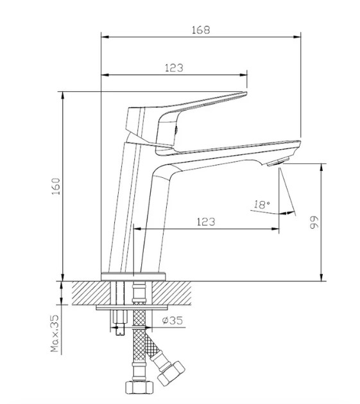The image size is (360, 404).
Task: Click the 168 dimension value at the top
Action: tap(201, 30)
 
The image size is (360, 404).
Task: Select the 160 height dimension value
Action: tap(56, 186)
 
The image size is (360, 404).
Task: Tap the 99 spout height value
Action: tap(314, 223)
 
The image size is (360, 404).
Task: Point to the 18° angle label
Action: tap(262, 205)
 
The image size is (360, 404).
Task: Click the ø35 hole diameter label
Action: tap(173, 321)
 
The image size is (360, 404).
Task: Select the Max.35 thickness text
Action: tap(55, 333)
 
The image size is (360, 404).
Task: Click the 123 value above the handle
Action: tap(174, 68)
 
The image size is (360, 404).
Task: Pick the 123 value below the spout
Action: tap(206, 222)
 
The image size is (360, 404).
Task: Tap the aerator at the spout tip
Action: tap(278, 162)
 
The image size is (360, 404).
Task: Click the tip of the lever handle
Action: tap(246, 92)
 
